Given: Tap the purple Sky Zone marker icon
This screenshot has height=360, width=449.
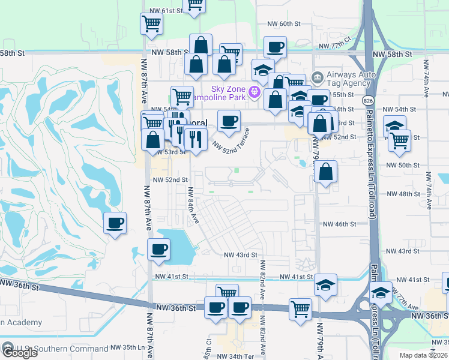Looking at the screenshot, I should pos(255,92).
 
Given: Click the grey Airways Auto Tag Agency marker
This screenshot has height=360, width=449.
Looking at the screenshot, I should pos(316,78).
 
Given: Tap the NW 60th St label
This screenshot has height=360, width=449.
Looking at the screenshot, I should pos(283,23).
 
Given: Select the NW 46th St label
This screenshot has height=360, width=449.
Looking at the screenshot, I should pos(340,224).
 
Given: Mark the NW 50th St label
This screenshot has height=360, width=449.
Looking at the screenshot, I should pos(402,165).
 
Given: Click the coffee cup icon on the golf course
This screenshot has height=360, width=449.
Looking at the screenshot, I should pos(115,223).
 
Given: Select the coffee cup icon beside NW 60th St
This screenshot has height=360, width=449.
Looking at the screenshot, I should pos(276,47).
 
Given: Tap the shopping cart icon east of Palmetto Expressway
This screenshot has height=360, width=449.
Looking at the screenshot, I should pos(399,141).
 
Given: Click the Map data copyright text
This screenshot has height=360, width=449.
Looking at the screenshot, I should pos(424,355).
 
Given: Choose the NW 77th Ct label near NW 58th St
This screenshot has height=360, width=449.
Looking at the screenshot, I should pos(334,46).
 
